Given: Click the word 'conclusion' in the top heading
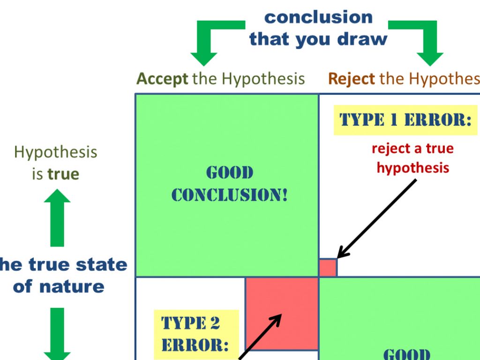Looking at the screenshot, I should [318, 17].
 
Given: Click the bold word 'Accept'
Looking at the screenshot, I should [162, 78].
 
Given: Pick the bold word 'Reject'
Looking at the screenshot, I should [352, 78].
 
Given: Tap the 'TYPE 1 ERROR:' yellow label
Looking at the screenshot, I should [405, 120].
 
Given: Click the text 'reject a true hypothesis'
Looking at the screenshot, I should [413, 158].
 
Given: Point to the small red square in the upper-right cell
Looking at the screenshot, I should [328, 268].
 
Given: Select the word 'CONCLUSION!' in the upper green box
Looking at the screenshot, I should [229, 194].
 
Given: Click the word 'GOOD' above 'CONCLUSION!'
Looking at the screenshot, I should [230, 173].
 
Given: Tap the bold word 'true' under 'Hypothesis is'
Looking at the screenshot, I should [63, 174].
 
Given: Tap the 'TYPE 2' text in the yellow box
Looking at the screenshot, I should [191, 323].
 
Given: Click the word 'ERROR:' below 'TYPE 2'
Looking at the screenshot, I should [195, 345].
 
